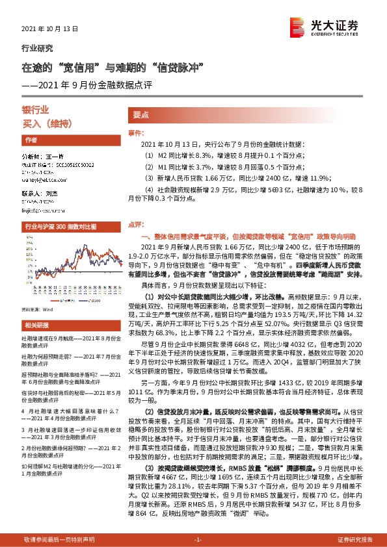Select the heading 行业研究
[x=38, y=48]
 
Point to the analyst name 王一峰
[x=53, y=157]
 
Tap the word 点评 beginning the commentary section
[x=135, y=223]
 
